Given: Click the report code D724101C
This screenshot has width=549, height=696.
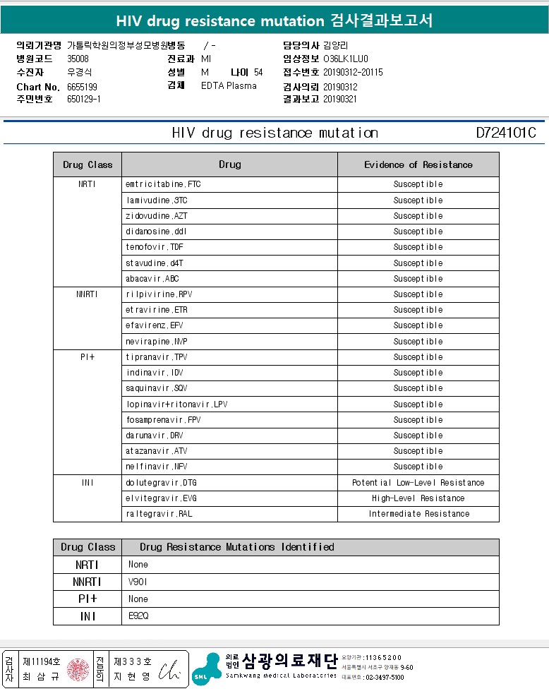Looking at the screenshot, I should tap(506, 133).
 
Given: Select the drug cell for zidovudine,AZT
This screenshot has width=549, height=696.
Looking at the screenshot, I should tap(156, 216).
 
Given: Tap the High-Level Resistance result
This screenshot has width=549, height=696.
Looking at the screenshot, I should tap(418, 498).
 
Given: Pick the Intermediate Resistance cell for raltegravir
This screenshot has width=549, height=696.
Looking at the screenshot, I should tap(418, 514).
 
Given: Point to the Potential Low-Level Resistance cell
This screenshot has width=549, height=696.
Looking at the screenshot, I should tap(418, 483).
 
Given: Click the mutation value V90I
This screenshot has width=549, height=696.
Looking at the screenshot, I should tap(138, 582).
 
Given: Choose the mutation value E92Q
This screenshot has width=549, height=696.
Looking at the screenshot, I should tap(138, 616).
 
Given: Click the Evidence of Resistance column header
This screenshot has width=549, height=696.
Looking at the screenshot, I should tap(418, 164).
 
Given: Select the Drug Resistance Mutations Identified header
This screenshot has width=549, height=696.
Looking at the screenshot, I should tap(236, 547).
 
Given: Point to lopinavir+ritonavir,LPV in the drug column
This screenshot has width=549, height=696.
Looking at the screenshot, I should tap(176, 404).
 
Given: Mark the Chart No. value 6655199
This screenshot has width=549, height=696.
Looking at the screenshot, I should tap(82, 87).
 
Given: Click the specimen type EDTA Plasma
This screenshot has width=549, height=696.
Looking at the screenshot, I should tap(229, 86).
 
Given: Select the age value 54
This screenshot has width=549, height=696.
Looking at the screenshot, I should tap(258, 73).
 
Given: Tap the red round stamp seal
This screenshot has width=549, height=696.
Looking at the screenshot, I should tap(78, 669).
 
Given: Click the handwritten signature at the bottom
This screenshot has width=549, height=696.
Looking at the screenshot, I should tap(170, 668).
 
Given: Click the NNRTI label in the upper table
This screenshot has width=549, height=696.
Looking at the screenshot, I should tap(87, 294).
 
